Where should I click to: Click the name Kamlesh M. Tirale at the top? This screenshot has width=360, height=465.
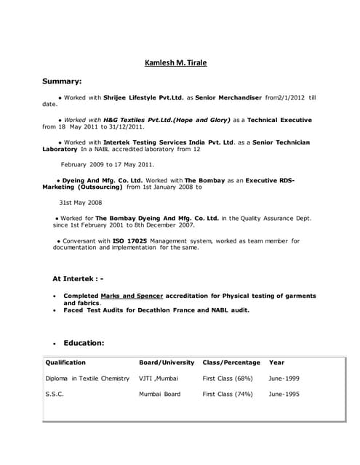(175, 62)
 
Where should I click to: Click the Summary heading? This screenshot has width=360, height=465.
(62, 81)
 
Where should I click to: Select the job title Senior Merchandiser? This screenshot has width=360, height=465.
(230, 97)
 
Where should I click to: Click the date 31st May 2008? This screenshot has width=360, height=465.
(81, 203)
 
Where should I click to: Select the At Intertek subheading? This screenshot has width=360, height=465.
(78, 278)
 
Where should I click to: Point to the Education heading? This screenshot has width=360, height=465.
(84, 343)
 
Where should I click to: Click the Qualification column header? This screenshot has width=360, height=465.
(65, 362)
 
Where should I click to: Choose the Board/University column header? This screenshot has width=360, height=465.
(167, 362)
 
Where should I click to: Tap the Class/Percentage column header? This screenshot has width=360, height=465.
(231, 362)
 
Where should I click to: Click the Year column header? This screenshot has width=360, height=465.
(276, 362)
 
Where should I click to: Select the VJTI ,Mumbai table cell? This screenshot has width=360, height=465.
(158, 379)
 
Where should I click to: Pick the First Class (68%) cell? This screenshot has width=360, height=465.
(228, 379)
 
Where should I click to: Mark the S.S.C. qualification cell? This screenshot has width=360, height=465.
(55, 395)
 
